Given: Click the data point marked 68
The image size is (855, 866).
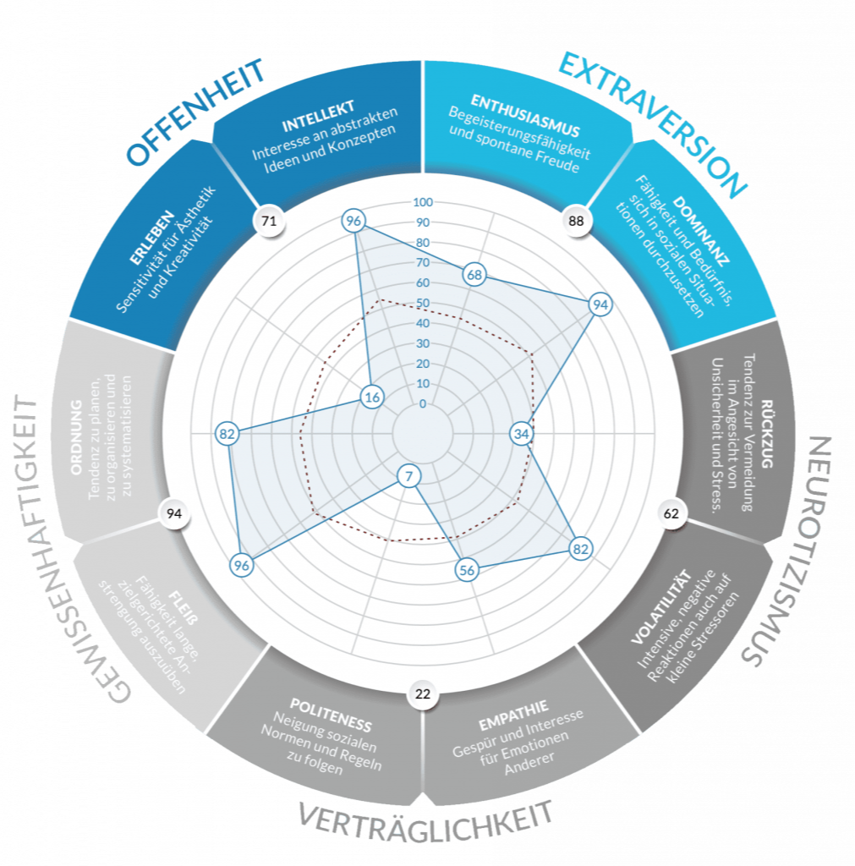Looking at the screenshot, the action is [x=474, y=275].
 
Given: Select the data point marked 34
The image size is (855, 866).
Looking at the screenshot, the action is [x=522, y=434].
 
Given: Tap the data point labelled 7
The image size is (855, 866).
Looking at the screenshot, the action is [x=408, y=476].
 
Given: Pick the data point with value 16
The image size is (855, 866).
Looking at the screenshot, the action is [x=372, y=397].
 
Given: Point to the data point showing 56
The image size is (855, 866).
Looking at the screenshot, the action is [x=467, y=570].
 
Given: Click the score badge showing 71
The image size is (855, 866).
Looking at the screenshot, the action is [x=269, y=221].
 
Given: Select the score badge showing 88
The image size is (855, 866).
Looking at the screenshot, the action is [x=576, y=221].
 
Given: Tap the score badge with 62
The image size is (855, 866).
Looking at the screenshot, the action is [x=671, y=513].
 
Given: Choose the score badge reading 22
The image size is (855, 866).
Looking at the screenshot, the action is [x=423, y=693].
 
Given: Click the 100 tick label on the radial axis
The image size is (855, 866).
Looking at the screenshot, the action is [x=423, y=202].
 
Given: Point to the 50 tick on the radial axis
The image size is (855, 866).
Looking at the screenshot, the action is [x=423, y=303].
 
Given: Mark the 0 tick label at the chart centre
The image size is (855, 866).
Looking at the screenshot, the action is [x=423, y=403].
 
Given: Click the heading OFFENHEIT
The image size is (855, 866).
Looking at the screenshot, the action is [x=196, y=112].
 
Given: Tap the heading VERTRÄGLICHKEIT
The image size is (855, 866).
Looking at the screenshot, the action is [x=426, y=821].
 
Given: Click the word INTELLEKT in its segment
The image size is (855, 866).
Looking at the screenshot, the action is [x=318, y=117].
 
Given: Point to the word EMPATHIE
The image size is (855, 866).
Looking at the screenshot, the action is [x=513, y=715].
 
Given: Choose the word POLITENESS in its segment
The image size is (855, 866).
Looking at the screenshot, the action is [x=331, y=715].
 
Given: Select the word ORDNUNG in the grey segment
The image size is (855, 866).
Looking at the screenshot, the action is [x=76, y=437].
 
